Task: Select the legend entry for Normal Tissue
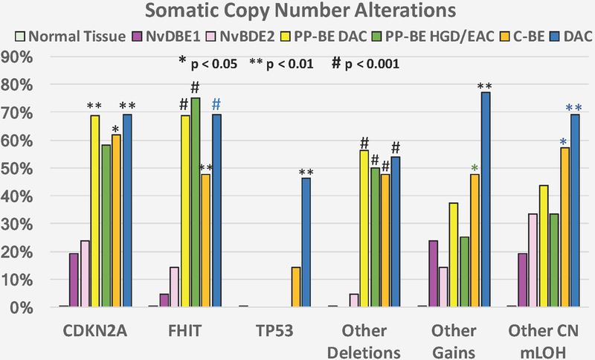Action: point(63,36)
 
